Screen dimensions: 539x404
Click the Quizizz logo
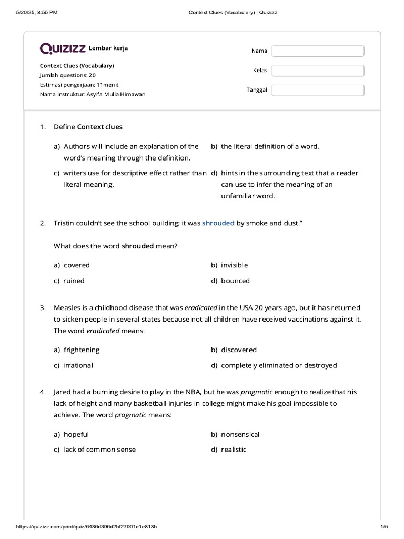coord(63,48)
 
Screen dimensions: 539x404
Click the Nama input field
coord(318,51)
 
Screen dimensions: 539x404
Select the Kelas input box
coord(318,71)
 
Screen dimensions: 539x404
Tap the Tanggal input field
coord(318,90)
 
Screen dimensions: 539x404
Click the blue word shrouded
coord(218,223)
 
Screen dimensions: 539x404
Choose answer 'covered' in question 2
coord(76,265)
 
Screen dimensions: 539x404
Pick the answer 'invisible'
coord(234,265)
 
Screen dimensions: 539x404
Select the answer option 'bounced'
coord(235,281)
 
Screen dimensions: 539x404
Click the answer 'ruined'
coord(74,281)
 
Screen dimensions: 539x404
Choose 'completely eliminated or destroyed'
coord(279,365)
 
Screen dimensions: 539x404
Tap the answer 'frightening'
coord(81,350)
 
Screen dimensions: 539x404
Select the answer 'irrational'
coord(78,365)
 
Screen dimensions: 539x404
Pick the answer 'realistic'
coord(234,450)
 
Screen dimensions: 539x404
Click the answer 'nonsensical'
coord(240,434)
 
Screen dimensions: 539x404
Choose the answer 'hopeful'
coord(76,434)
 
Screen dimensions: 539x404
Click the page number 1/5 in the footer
coord(383,527)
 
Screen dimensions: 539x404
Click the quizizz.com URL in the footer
coord(86,527)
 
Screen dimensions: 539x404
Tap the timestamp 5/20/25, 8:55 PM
coord(37,12)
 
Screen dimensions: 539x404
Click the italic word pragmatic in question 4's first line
coord(257,392)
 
